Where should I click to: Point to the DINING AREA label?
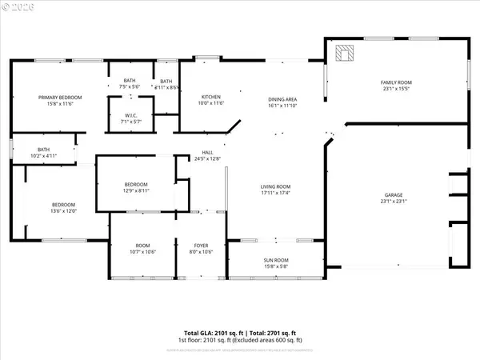pyautogui.click(x=282, y=98)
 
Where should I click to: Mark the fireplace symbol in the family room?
pyautogui.click(x=345, y=53)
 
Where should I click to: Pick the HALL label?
pyautogui.click(x=207, y=152)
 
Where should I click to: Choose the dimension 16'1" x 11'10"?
pyautogui.click(x=282, y=105)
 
